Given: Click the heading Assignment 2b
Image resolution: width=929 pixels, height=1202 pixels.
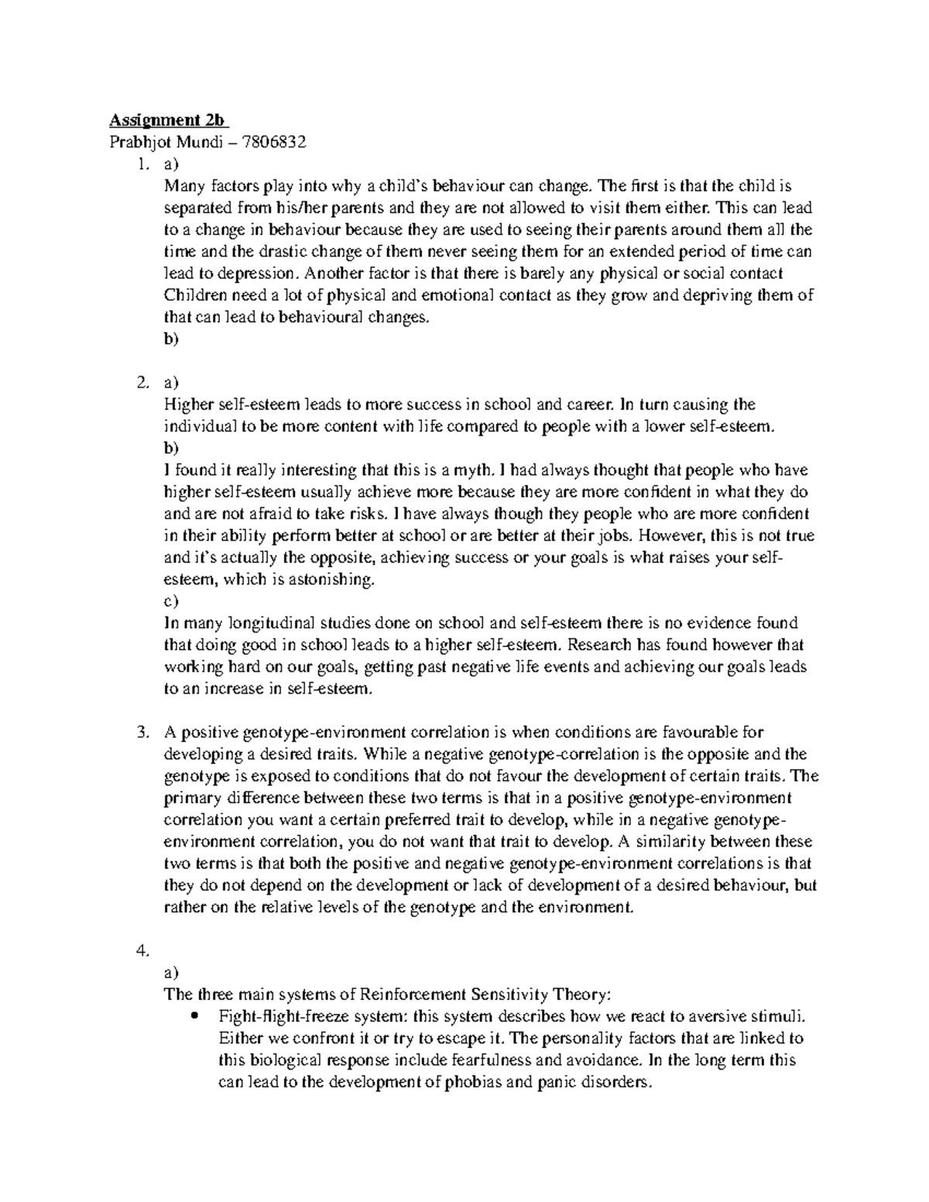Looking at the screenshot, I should click(x=168, y=120).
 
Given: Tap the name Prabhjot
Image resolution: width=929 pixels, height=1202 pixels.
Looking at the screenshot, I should click(x=138, y=142).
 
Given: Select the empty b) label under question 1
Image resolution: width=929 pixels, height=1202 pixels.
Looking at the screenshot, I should click(x=170, y=339).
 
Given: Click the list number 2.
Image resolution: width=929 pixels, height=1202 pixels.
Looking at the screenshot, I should click(x=140, y=382).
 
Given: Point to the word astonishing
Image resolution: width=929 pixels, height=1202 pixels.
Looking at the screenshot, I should click(x=332, y=580).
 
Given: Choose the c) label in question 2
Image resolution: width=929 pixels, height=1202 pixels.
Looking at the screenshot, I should click(x=170, y=601).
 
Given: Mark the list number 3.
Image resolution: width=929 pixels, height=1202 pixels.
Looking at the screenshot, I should click(x=140, y=732).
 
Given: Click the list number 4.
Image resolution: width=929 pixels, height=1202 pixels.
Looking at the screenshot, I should click(x=140, y=951).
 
